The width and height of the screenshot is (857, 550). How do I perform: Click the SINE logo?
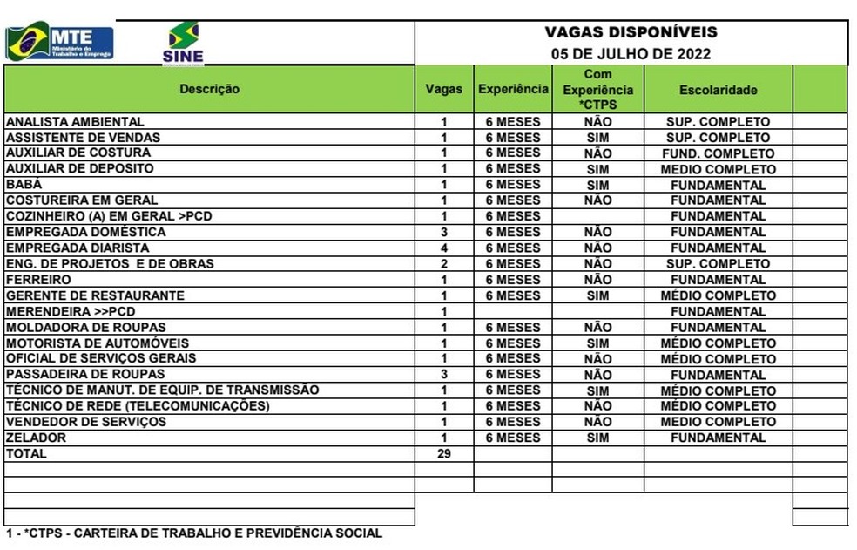point(183,44)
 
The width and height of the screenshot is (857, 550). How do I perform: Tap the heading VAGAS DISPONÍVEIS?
point(631,32)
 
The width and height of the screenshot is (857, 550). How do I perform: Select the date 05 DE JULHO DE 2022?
point(631,53)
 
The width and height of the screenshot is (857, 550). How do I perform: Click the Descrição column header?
point(209,89)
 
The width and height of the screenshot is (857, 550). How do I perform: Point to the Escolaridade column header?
point(718,90)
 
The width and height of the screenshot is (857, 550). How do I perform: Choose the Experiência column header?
point(513,89)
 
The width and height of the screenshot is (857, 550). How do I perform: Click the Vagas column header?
point(443,89)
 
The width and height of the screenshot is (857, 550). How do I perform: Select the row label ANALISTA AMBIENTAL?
point(75,122)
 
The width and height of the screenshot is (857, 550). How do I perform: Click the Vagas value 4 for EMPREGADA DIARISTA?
point(443,248)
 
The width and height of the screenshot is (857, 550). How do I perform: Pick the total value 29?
point(443,454)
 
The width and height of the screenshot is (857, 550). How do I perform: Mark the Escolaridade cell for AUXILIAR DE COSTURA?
point(718,153)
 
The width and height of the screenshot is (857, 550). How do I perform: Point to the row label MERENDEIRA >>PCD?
point(71,311)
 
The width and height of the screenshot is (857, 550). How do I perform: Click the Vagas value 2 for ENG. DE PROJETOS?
point(443,264)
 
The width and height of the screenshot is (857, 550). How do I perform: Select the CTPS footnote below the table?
point(193,533)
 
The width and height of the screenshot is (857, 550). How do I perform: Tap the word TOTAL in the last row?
point(26,454)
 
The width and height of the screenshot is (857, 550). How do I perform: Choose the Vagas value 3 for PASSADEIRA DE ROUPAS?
point(443,375)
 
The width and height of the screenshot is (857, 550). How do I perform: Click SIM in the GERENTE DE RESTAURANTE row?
point(597,295)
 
